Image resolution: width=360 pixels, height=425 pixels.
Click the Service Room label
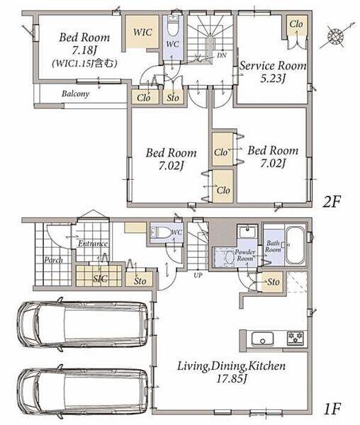pyautogui.click(x=273, y=66)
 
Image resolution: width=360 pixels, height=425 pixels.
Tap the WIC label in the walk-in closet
pyautogui.click(x=142, y=33)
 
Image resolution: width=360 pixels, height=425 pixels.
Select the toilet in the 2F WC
pyautogui.click(x=173, y=25)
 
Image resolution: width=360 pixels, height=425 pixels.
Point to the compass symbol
pyautogui.click(x=335, y=36)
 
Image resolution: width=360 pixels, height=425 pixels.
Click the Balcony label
pyautogui.click(x=75, y=93)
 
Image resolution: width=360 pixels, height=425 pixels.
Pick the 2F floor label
pyautogui.click(x=331, y=202)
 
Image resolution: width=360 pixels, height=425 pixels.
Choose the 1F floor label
pyautogui.click(x=332, y=409)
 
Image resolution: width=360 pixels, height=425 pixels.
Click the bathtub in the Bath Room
pyautogui.click(x=296, y=245)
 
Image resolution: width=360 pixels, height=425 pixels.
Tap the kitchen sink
pyautogui.click(x=262, y=339)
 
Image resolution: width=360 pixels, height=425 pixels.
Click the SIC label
pyautogui.click(x=101, y=278)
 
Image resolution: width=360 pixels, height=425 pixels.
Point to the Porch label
pyautogui.click(x=53, y=260)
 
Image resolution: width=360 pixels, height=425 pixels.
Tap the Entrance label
pyautogui.click(x=93, y=244)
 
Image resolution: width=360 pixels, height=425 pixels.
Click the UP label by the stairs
pyautogui.click(x=198, y=275)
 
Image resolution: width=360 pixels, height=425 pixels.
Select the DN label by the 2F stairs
pyautogui.click(x=222, y=55)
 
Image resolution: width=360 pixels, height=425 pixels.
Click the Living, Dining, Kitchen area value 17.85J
pyautogui.click(x=231, y=378)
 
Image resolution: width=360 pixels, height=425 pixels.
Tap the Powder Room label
pyautogui.click(x=245, y=255)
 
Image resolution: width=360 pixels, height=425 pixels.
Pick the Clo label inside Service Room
pyautogui.click(x=296, y=24)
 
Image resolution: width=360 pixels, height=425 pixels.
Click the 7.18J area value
pyautogui.click(x=84, y=50)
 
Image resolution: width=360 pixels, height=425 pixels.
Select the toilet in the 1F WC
pyautogui.click(x=161, y=232)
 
